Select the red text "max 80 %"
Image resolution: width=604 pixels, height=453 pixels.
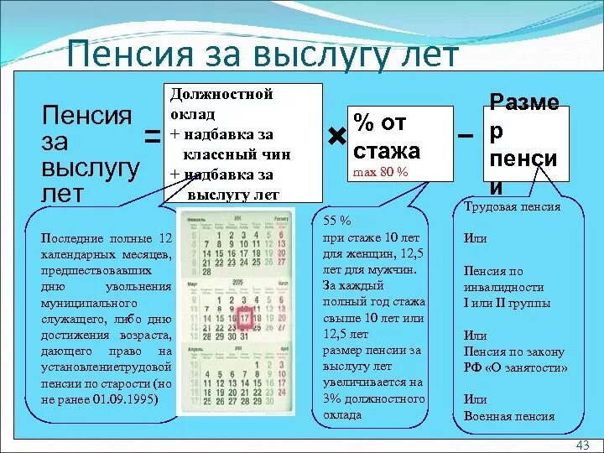click(380, 171)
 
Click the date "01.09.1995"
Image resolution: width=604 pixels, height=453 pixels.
click(125, 398)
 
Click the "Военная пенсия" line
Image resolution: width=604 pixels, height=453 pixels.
click(508, 416)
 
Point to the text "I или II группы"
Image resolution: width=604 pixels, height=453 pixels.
click(507, 303)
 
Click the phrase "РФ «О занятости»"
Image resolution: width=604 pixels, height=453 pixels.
click(515, 367)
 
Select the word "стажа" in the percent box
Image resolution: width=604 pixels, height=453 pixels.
click(387, 151)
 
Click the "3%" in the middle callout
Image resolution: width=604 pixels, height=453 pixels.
click(332, 398)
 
